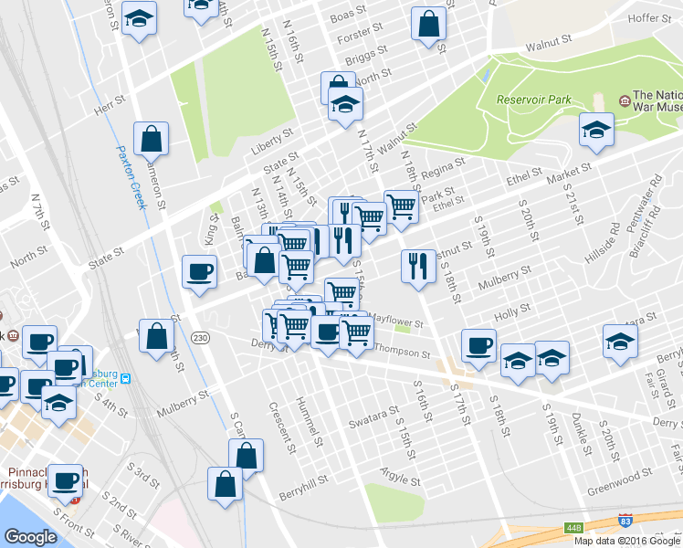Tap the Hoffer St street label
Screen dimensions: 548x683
point(650,17)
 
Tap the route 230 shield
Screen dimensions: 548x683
point(201,338)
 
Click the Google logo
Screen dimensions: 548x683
point(31,537)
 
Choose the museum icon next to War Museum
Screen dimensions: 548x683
point(624,99)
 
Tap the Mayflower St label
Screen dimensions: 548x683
point(395,321)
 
